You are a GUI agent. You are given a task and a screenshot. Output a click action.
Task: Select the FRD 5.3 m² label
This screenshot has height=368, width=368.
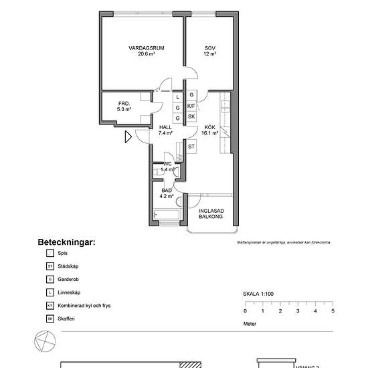(124, 106)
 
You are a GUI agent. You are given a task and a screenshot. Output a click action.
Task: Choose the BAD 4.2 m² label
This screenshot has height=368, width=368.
(167, 194)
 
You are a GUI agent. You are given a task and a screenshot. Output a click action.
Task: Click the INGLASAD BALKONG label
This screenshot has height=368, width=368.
(211, 215)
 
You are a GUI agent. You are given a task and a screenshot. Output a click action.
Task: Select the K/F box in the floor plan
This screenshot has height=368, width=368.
(191, 106)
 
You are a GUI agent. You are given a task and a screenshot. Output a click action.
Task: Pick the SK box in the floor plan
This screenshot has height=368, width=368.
(191, 117)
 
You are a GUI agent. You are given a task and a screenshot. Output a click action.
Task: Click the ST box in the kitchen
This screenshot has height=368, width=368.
(191, 147)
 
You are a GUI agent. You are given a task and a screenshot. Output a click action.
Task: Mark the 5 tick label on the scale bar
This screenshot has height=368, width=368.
(333, 311)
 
